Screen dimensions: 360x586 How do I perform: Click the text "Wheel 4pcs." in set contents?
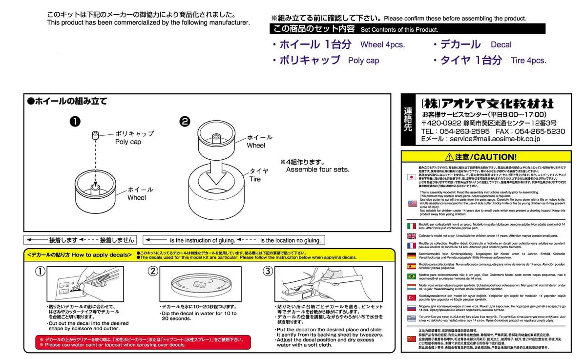(382, 44)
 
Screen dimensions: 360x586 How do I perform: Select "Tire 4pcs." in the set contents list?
(528, 61)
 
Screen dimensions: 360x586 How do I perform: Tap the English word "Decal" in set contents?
(501, 44)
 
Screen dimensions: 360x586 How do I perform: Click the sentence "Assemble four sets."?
(317, 169)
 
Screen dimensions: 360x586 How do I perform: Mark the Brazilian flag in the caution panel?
(412, 276)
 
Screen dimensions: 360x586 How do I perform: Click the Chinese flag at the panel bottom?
(412, 338)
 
